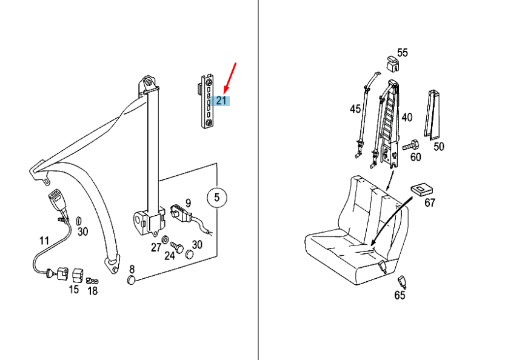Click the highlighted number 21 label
(x=221, y=101)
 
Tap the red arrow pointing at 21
(x=230, y=78)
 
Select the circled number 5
(x=217, y=197)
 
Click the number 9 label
(x=188, y=203)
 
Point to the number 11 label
(x=44, y=241)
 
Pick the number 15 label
(x=74, y=289)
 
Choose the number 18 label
(x=92, y=291)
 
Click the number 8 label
(x=132, y=269)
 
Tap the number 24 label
(x=170, y=256)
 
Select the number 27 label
(x=156, y=247)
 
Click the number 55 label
(x=403, y=53)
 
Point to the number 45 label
(x=355, y=109)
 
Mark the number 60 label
(x=415, y=157)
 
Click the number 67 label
(x=430, y=202)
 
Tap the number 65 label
(x=400, y=295)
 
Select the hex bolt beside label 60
(x=410, y=145)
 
